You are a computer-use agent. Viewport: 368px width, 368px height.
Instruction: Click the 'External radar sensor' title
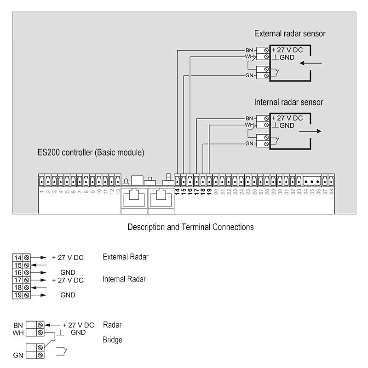coord(290,34)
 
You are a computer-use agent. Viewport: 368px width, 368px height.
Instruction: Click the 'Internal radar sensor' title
coord(288,102)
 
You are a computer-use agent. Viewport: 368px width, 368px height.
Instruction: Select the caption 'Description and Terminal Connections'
coord(190,227)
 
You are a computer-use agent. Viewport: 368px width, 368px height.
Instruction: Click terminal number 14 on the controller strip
coord(177,191)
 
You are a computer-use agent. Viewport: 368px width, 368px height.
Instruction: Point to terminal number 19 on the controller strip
coord(209,191)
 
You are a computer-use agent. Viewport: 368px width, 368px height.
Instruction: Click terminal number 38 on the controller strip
coord(331,191)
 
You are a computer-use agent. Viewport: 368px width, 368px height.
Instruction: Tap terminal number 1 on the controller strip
coord(41,191)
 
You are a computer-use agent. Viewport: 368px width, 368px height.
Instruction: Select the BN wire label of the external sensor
coord(249,50)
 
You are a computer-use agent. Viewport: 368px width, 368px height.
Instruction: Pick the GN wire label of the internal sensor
coord(249,144)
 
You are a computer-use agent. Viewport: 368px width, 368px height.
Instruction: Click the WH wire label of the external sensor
coord(249,56)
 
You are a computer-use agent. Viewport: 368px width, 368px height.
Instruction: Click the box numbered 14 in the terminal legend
coord(18,258)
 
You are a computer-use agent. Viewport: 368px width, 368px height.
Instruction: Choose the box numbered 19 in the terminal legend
coord(18,295)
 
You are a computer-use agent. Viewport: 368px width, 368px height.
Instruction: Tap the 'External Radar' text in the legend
coord(126,257)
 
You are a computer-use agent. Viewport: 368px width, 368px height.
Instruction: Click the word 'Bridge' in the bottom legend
coord(112,340)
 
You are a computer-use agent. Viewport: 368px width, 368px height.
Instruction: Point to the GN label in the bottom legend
coord(18,355)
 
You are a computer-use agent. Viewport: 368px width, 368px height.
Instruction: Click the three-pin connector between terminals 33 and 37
coord(311,181)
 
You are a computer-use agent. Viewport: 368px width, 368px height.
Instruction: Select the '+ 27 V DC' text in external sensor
coord(287,50)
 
